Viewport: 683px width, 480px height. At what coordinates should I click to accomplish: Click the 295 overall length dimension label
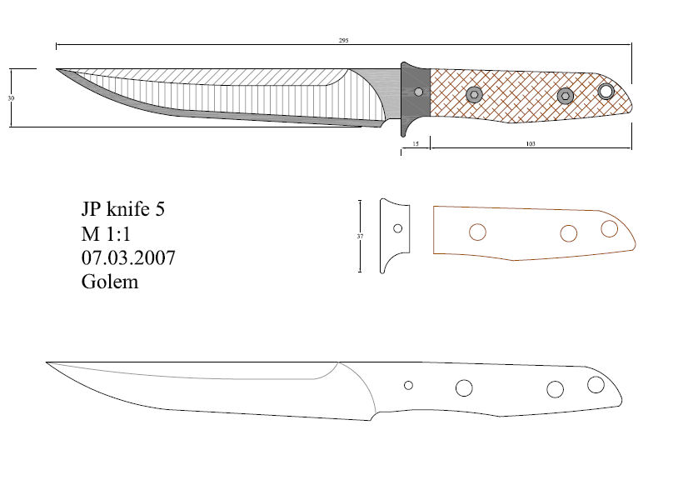[x=343, y=40]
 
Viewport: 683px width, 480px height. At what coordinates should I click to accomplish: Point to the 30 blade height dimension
[x=11, y=97]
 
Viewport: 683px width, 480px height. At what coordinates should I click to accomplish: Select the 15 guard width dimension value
[x=416, y=143]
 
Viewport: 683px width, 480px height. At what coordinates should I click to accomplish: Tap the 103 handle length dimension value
[x=530, y=143]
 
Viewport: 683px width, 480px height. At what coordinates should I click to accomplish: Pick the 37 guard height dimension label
[x=360, y=237]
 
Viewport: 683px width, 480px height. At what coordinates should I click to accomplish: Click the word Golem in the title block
[x=110, y=282]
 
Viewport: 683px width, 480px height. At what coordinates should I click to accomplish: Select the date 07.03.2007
[x=128, y=257]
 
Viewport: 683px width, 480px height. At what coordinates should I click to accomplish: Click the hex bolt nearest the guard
[x=474, y=93]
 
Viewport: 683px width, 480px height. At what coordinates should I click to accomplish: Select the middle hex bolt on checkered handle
[x=565, y=96]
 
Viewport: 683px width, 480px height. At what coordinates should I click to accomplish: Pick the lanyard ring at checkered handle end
[x=606, y=90]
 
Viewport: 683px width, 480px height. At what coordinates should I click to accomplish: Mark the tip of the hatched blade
[x=57, y=70]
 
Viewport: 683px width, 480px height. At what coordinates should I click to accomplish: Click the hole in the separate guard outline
[x=398, y=228]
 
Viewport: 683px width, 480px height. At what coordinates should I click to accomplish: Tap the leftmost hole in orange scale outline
[x=478, y=232]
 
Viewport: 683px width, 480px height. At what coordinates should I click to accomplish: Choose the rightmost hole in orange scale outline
[x=609, y=228]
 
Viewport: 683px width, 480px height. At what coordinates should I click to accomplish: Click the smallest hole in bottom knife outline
[x=408, y=385]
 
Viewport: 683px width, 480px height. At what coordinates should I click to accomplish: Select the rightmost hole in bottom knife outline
[x=596, y=385]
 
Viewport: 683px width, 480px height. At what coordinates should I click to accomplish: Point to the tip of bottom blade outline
[x=47, y=362]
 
